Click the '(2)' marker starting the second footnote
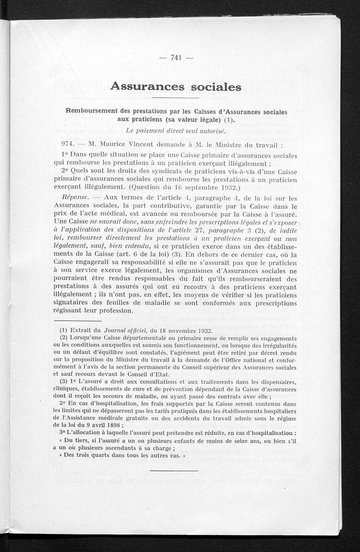click(x=63, y=338)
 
